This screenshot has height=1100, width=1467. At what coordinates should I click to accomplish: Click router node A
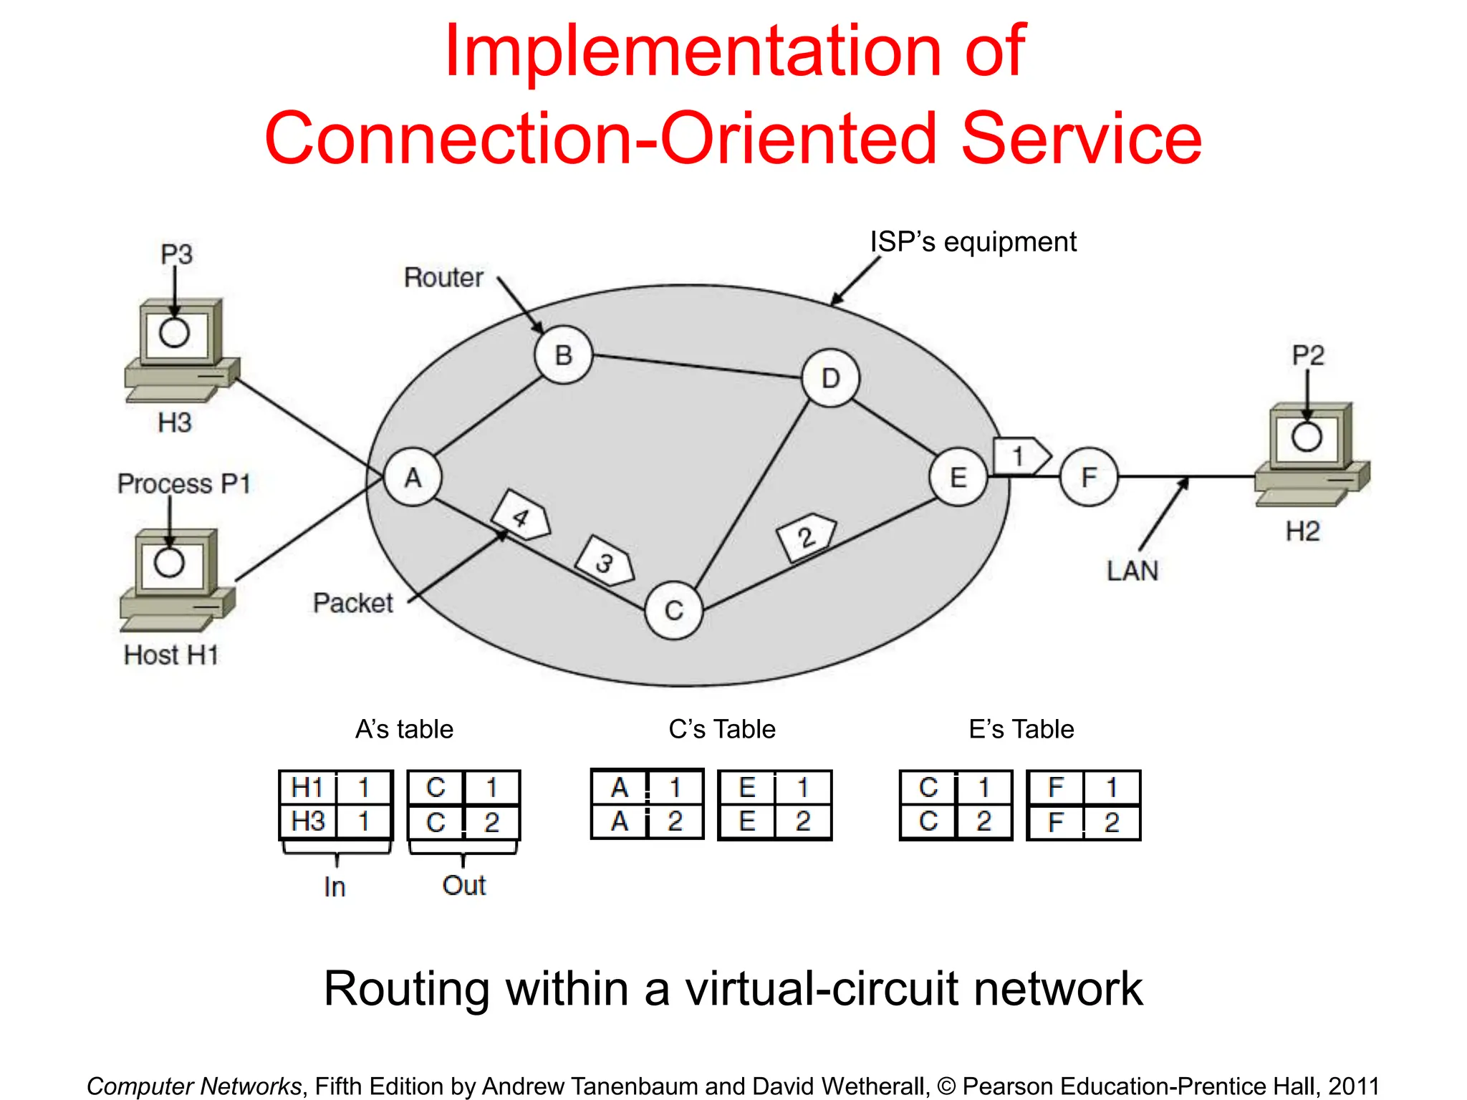point(413,478)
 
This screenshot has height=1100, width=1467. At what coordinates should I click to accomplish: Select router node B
point(564,355)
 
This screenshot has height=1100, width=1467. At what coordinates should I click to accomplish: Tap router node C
point(673,610)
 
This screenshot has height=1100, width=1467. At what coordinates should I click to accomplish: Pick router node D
point(830,378)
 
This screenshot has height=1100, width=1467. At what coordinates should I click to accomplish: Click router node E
point(958,477)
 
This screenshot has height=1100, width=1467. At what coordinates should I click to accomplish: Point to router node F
point(1089,477)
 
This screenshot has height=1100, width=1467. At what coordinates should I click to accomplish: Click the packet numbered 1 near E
point(1020,455)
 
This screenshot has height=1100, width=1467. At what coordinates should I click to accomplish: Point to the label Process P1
point(184,484)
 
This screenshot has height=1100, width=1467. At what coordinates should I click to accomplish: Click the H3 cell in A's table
point(308,821)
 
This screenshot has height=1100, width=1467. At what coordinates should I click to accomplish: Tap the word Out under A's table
point(463,886)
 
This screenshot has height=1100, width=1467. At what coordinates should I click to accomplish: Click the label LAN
point(1132,571)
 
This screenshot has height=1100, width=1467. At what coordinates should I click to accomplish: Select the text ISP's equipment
point(973,242)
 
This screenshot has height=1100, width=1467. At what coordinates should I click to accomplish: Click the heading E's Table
point(1021,729)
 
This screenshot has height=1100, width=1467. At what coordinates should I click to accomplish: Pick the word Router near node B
point(443,278)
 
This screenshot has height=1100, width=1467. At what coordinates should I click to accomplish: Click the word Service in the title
point(1081,137)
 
